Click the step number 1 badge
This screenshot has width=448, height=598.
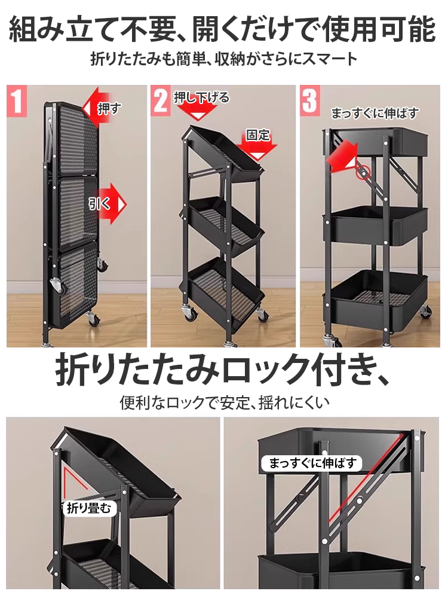tap(17, 101)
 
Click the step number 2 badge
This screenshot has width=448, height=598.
tap(160, 101)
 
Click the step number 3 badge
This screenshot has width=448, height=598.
tap(309, 101)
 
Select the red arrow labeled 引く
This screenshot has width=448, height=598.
tap(113, 205)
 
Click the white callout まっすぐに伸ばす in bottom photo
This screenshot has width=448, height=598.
tap(312, 463)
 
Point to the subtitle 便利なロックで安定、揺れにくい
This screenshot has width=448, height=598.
tap(224, 402)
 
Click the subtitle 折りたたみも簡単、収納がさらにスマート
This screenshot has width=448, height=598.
tap(224, 60)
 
